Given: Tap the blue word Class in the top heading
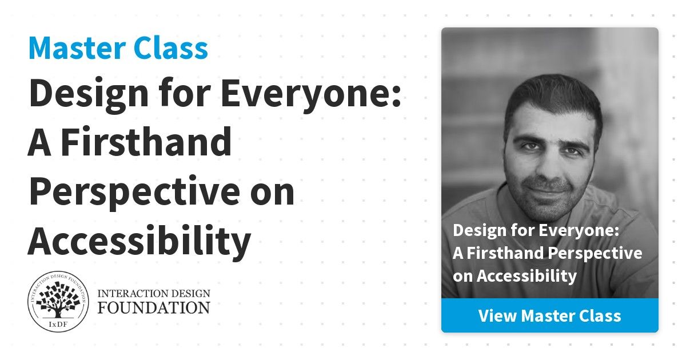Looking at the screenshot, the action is point(171,48).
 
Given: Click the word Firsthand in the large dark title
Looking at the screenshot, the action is point(146,142).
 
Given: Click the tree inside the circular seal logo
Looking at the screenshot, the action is point(58,299).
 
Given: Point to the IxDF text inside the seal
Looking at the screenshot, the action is point(58,325).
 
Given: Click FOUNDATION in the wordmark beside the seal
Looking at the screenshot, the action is point(154,307).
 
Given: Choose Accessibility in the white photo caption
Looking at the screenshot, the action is point(527,276).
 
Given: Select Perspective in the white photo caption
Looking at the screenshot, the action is point(595,254).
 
